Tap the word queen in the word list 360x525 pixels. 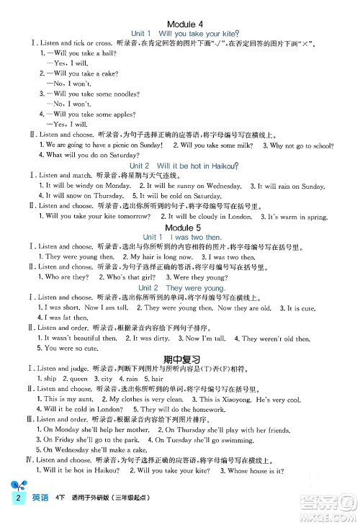coord(77,378)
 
